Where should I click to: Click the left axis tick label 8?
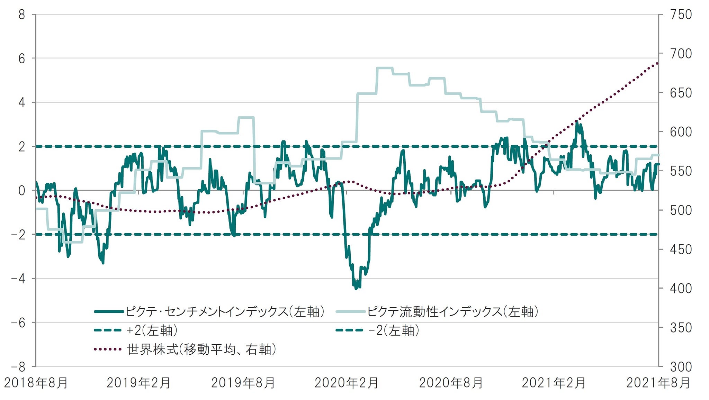click(x=22, y=15)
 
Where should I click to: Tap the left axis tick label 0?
click(x=22, y=191)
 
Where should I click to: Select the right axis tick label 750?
click(x=681, y=15)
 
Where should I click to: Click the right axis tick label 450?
click(x=681, y=249)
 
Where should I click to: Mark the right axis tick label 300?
click(x=681, y=366)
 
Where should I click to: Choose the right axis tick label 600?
click(x=681, y=132)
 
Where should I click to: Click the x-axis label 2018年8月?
click(x=36, y=383)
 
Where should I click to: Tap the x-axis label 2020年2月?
click(x=346, y=383)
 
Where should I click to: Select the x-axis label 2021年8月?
click(x=658, y=383)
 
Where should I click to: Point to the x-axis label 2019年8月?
click(x=243, y=383)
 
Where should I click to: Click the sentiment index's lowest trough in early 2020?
click(x=356, y=288)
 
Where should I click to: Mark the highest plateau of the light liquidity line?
click(x=384, y=68)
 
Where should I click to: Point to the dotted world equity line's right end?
click(x=657, y=63)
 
